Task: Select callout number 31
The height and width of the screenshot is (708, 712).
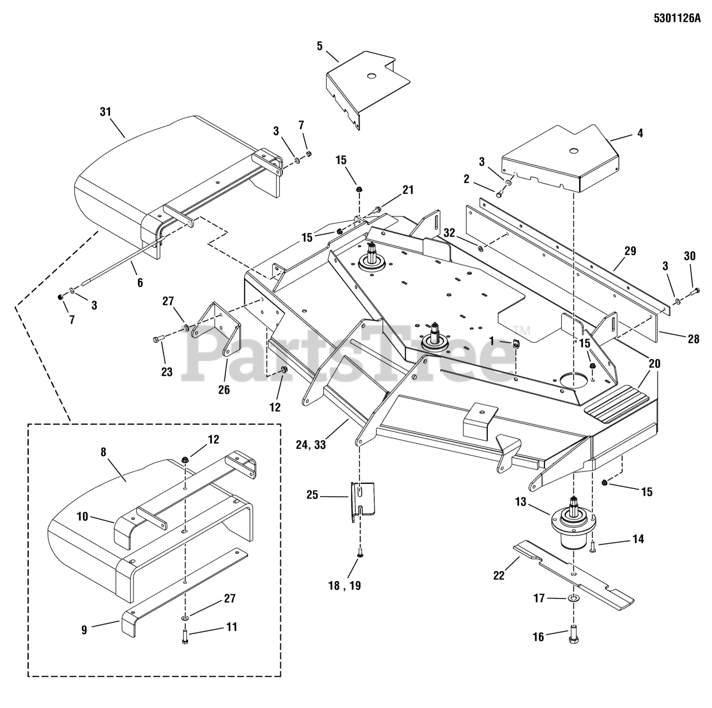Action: tap(106, 112)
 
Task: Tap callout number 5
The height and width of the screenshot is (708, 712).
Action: tap(319, 46)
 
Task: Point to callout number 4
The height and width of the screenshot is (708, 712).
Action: tap(640, 133)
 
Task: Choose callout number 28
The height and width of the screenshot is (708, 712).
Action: tap(693, 338)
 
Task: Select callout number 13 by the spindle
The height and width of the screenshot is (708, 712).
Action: tap(521, 503)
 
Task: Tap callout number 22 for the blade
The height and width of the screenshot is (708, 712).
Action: tap(499, 576)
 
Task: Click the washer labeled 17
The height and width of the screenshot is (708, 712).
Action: tap(573, 599)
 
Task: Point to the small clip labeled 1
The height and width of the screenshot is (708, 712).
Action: tap(516, 343)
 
